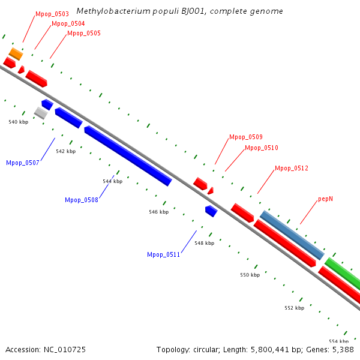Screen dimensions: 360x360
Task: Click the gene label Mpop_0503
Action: [x=52, y=13]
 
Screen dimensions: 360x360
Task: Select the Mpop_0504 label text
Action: [x=68, y=23]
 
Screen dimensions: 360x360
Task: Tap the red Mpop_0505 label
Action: [x=84, y=33]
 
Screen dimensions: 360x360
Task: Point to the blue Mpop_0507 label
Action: [x=23, y=163]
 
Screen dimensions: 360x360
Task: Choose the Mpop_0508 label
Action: [x=82, y=200]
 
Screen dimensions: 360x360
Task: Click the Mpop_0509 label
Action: [x=246, y=137]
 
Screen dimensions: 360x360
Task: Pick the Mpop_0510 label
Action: [x=262, y=148]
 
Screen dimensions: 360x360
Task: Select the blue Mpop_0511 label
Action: [x=164, y=254]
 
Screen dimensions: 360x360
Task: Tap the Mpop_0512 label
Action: [x=292, y=169]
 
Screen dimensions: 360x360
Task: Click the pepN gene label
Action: [x=326, y=199]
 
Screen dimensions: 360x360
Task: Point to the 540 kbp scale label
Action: [x=19, y=122]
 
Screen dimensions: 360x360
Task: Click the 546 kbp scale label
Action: [x=159, y=212]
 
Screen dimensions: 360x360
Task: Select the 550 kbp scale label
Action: [x=250, y=275]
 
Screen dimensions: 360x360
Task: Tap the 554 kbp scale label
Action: [x=339, y=341]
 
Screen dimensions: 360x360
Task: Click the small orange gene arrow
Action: [x=16, y=54]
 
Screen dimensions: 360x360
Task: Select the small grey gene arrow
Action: [x=41, y=112]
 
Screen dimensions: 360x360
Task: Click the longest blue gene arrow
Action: [x=128, y=155]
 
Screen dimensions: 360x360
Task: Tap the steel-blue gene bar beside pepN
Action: [x=292, y=235]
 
